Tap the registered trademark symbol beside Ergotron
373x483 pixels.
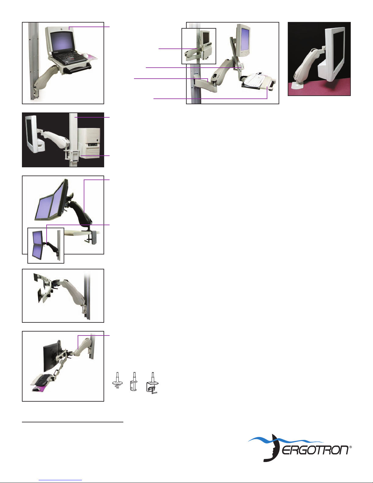[350, 446]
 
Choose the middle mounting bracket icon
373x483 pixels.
[134, 382]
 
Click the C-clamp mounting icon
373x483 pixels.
[153, 383]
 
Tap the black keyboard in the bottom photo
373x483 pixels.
[43, 380]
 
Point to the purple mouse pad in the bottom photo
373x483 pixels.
[40, 388]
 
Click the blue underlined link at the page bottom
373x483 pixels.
[60, 480]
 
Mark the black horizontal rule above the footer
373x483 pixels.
[72, 422]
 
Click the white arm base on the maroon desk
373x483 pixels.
[296, 85]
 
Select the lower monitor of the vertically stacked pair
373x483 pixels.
[37, 251]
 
